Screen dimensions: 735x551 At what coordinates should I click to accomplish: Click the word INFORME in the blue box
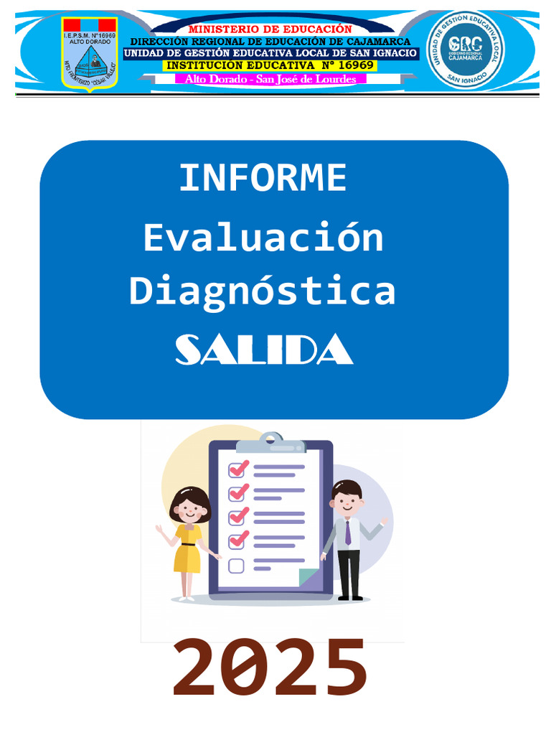coord(263,179)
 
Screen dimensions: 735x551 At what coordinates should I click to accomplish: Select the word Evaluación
coord(263,238)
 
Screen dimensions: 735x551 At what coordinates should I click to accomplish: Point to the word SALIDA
coord(264,350)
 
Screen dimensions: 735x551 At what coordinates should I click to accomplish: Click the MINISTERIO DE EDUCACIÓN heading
coord(270,29)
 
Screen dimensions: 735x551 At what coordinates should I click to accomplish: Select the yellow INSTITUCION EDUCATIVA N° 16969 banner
coord(270,65)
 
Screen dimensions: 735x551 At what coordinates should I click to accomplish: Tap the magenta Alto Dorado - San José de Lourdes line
coord(270,79)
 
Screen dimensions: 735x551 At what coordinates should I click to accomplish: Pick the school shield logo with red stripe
coord(90,53)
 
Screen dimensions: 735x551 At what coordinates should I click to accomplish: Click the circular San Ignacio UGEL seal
coord(465,50)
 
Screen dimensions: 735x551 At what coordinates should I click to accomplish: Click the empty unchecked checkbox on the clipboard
coord(236,566)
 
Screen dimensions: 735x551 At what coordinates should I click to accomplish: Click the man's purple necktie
coord(348,532)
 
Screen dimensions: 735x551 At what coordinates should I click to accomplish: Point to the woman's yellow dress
coord(187,550)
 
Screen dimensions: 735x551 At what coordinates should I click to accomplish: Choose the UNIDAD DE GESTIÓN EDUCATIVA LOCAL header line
coord(270,53)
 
